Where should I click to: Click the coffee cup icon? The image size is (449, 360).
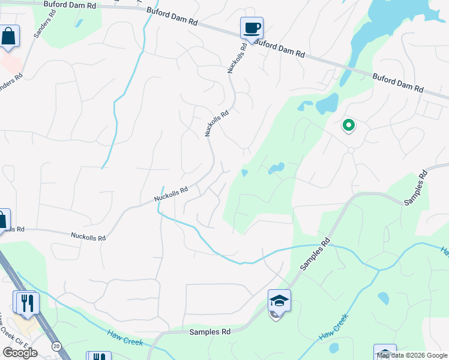tap(252, 28)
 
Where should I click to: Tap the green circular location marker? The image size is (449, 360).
tap(348, 125)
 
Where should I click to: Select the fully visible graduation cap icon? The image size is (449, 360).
tap(279, 300)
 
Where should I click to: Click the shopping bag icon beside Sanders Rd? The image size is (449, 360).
tap(9, 36)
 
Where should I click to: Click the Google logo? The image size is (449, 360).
tap(20, 353)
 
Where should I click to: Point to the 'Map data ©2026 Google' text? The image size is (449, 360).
tap(412, 355)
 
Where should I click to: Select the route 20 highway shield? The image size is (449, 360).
tap(56, 346)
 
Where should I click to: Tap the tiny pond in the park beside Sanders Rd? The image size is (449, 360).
tap(79, 23)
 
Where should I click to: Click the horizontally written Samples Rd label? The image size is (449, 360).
tap(210, 332)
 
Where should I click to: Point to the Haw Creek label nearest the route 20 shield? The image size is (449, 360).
tap(125, 338)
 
